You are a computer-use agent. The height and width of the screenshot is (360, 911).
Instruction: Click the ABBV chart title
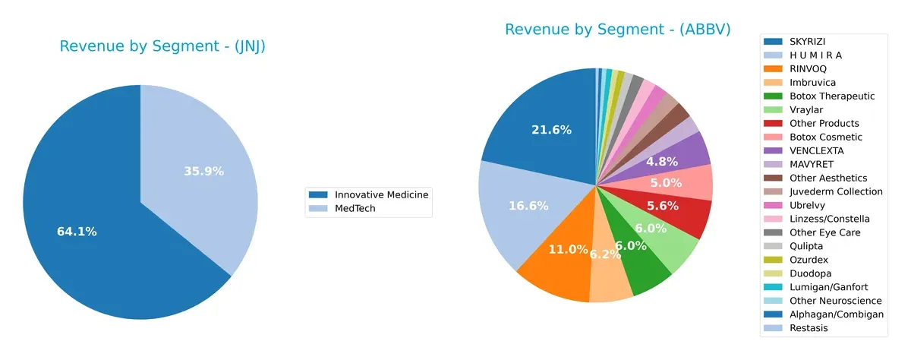click(617, 30)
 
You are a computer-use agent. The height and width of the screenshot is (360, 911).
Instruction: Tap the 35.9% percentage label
click(203, 172)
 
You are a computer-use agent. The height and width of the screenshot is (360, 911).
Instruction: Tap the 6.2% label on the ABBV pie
click(605, 254)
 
